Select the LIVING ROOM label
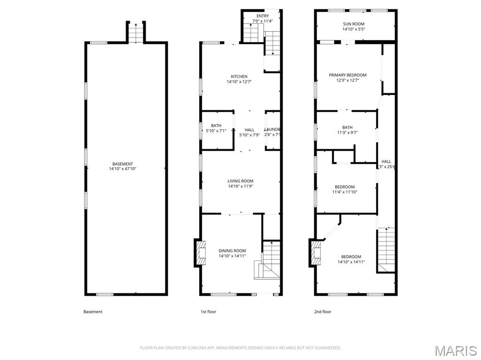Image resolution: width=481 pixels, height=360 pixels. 240,184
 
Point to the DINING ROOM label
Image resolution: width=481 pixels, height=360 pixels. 232,253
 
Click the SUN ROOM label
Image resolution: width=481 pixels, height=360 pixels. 354,26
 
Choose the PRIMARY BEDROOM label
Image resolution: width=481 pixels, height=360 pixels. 348,77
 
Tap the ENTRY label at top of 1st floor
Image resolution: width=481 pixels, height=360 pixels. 263,18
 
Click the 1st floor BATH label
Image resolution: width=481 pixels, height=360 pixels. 216,128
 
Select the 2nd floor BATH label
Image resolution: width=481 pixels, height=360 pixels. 347,130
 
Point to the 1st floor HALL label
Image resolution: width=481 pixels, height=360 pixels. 249,132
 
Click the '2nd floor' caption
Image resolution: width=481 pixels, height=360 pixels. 323,312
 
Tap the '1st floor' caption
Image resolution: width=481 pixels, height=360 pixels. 208,312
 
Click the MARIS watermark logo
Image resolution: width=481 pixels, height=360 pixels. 455,350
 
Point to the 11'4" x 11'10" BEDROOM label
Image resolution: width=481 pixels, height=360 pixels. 345,189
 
